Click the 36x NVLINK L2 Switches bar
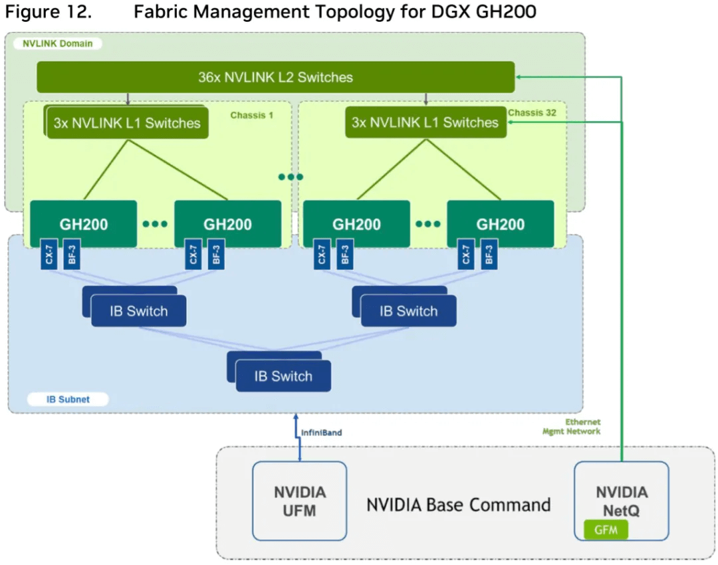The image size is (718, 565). (x=275, y=77)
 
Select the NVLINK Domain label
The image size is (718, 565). (x=57, y=44)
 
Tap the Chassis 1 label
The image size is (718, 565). (x=252, y=115)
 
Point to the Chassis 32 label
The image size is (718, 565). (x=532, y=113)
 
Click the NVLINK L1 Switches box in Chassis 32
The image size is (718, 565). (x=425, y=123)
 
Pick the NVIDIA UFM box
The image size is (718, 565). (x=300, y=501)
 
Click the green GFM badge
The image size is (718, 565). (x=605, y=530)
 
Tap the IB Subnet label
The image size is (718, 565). (x=68, y=399)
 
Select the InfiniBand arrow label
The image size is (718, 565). (x=322, y=433)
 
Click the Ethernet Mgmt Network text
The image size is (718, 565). (x=572, y=427)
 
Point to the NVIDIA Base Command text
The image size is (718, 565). (x=459, y=505)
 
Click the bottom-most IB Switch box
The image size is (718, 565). (x=283, y=376)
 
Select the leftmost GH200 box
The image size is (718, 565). (x=84, y=224)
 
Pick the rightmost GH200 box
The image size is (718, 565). (x=500, y=224)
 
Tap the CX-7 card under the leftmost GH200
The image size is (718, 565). (x=49, y=255)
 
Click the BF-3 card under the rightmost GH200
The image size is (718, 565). (x=489, y=255)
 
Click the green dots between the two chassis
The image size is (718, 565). (x=291, y=177)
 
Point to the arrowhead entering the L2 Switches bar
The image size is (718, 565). (x=519, y=78)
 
